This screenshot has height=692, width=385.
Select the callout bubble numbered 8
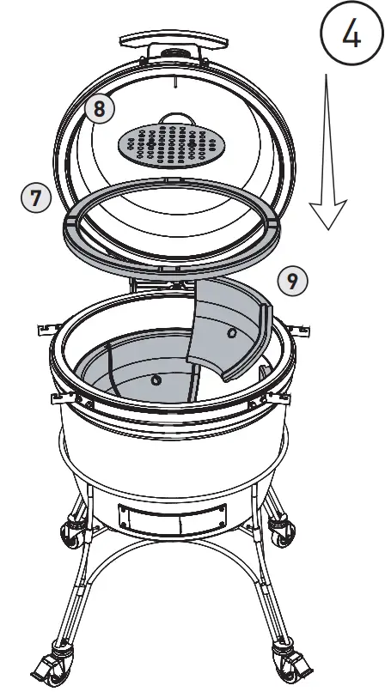(100, 109)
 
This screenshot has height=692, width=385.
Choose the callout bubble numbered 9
(293, 281)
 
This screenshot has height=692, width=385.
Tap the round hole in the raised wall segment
(232, 331)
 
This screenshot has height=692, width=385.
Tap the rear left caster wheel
(69, 533)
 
